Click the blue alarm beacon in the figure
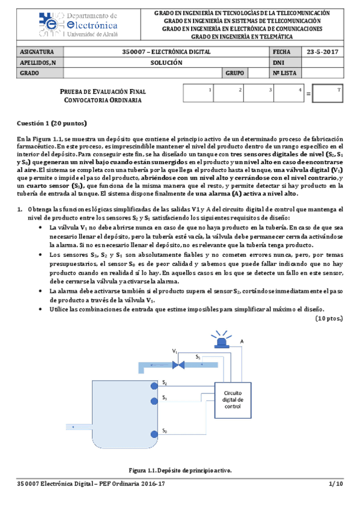[x=223, y=340]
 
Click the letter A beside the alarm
[x=241, y=341]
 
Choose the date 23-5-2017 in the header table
[x=323, y=52]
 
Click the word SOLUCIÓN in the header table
[x=164, y=63]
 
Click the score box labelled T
[x=329, y=94]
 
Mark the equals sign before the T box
[x=308, y=95]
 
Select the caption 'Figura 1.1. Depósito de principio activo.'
[x=180, y=470]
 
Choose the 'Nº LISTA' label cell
[x=285, y=73]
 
